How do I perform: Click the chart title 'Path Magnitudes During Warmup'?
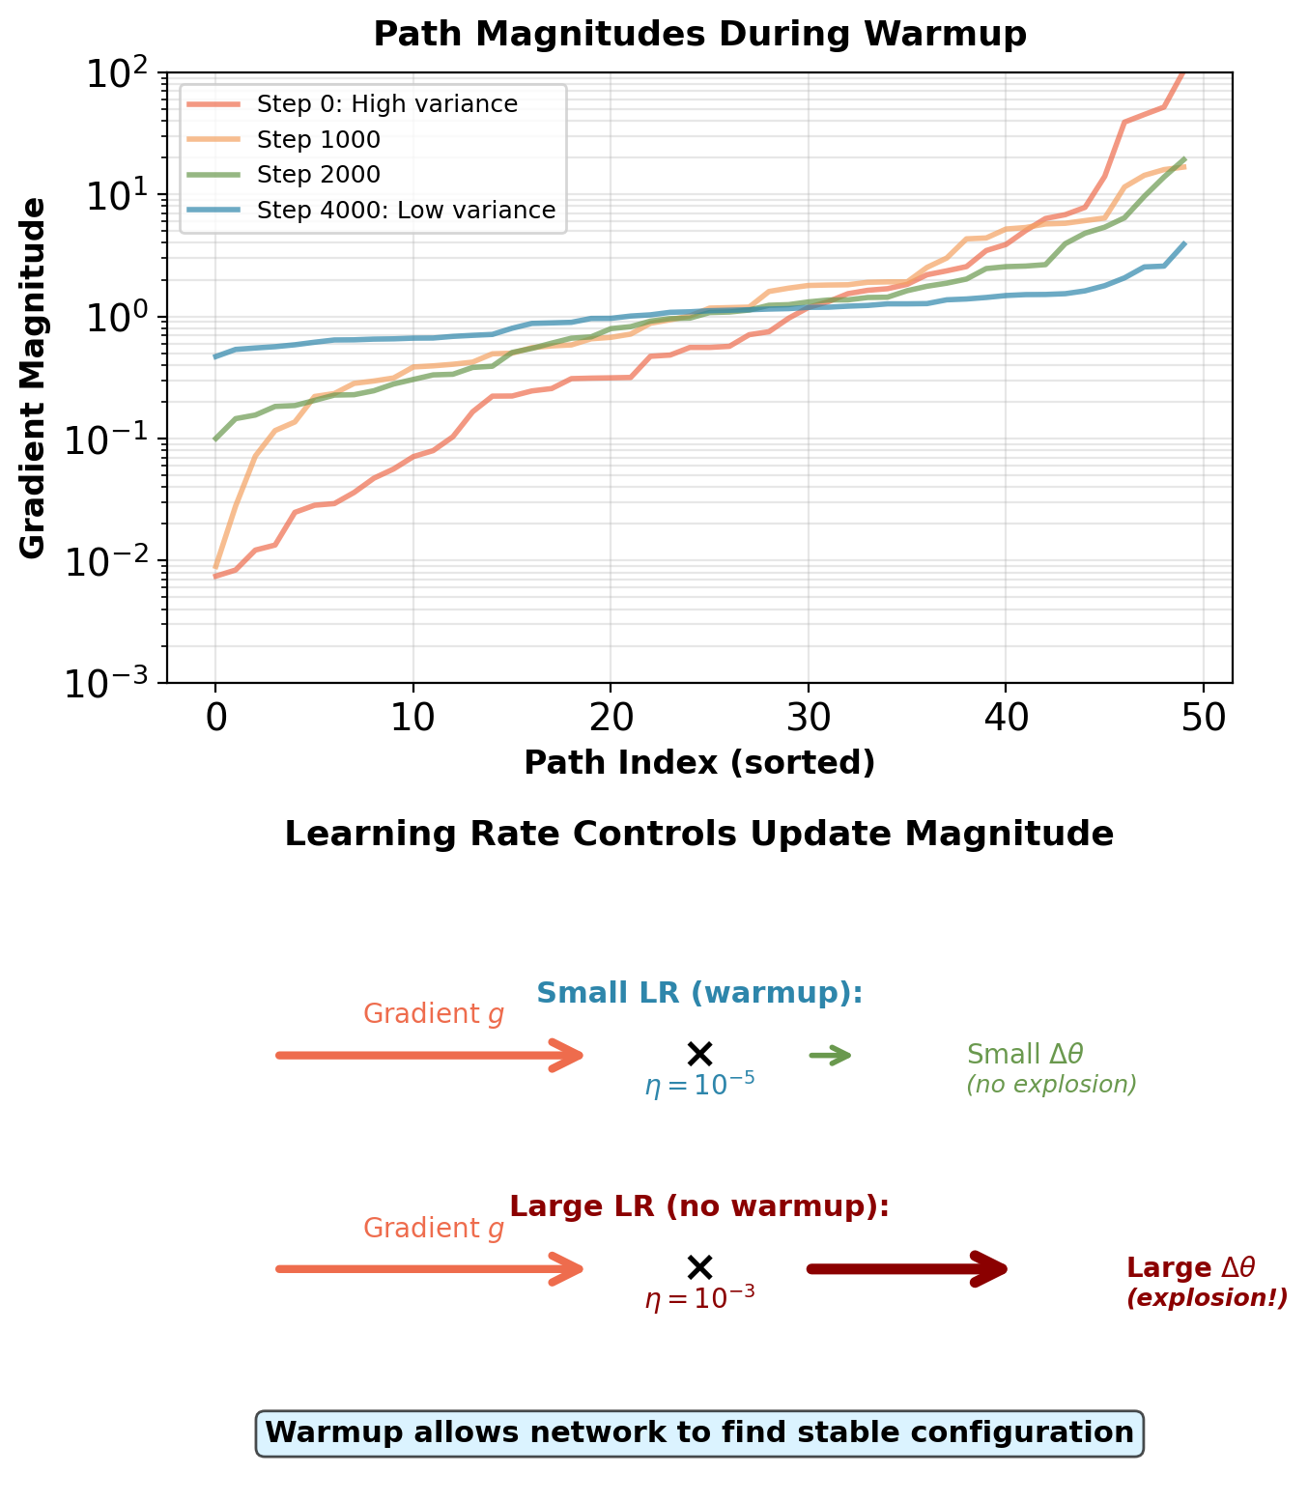pyautogui.click(x=699, y=35)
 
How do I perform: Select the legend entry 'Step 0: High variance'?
pyautogui.click(x=386, y=104)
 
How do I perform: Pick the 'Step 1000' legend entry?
pyautogui.click(x=319, y=140)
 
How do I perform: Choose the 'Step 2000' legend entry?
pyautogui.click(x=319, y=175)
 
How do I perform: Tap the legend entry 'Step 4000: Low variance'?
pyautogui.click(x=406, y=211)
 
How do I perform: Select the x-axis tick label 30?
pyautogui.click(x=809, y=718)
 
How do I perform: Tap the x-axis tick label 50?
pyautogui.click(x=1204, y=718)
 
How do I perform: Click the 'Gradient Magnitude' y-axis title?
pyautogui.click(x=33, y=378)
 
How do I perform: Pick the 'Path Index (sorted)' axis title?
pyautogui.click(x=699, y=763)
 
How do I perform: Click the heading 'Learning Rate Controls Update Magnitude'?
pyautogui.click(x=699, y=835)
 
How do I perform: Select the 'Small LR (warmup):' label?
pyautogui.click(x=699, y=993)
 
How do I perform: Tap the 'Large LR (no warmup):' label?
pyautogui.click(x=699, y=1206)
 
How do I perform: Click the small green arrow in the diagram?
pyautogui.click(x=831, y=1056)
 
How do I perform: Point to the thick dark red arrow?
pyautogui.click(x=908, y=1268)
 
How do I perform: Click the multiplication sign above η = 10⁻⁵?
pyautogui.click(x=699, y=1054)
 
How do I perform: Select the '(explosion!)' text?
pyautogui.click(x=1207, y=1298)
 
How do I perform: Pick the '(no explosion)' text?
pyautogui.click(x=1051, y=1085)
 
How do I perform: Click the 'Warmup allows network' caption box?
pyautogui.click(x=699, y=1432)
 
